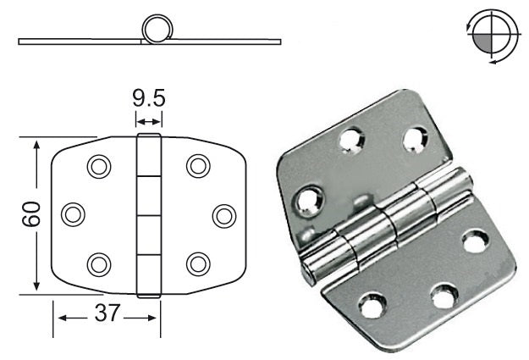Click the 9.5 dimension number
coord(149,98)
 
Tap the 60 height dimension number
coord(31,213)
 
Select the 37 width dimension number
coord(107,313)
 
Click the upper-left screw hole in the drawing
coord(99,167)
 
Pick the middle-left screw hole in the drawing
coord(73,214)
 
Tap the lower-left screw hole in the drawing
coord(99,264)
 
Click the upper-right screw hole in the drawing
coord(198,166)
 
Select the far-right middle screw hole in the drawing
coord(224,216)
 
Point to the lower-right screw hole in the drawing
coord(198,264)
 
